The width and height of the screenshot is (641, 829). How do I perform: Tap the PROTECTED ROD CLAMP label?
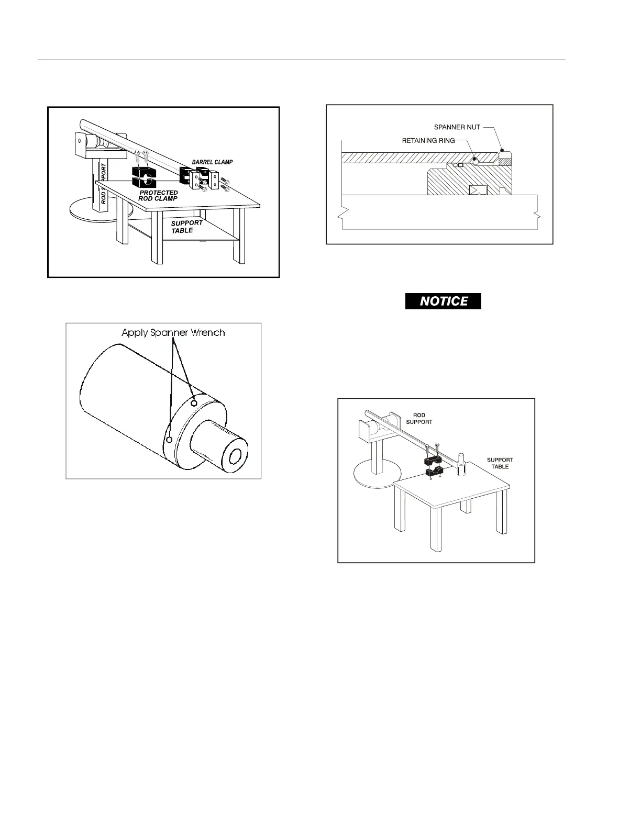point(158,196)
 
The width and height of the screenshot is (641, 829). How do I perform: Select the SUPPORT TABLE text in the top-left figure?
point(186,227)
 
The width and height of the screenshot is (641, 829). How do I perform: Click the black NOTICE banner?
point(443,301)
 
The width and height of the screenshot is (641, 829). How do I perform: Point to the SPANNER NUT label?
point(457,127)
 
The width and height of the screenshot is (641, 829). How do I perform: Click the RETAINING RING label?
point(428,141)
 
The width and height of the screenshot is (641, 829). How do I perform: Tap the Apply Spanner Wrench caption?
point(173,332)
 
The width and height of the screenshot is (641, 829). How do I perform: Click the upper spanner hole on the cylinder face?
point(194,403)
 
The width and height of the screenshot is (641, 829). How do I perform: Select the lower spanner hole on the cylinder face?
point(169,440)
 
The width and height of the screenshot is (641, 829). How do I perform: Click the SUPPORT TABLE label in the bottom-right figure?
point(500,463)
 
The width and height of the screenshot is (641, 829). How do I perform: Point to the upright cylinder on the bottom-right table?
point(461,464)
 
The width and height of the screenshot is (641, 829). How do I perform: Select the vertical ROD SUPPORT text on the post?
point(104,183)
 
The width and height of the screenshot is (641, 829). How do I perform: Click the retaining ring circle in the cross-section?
point(474,161)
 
